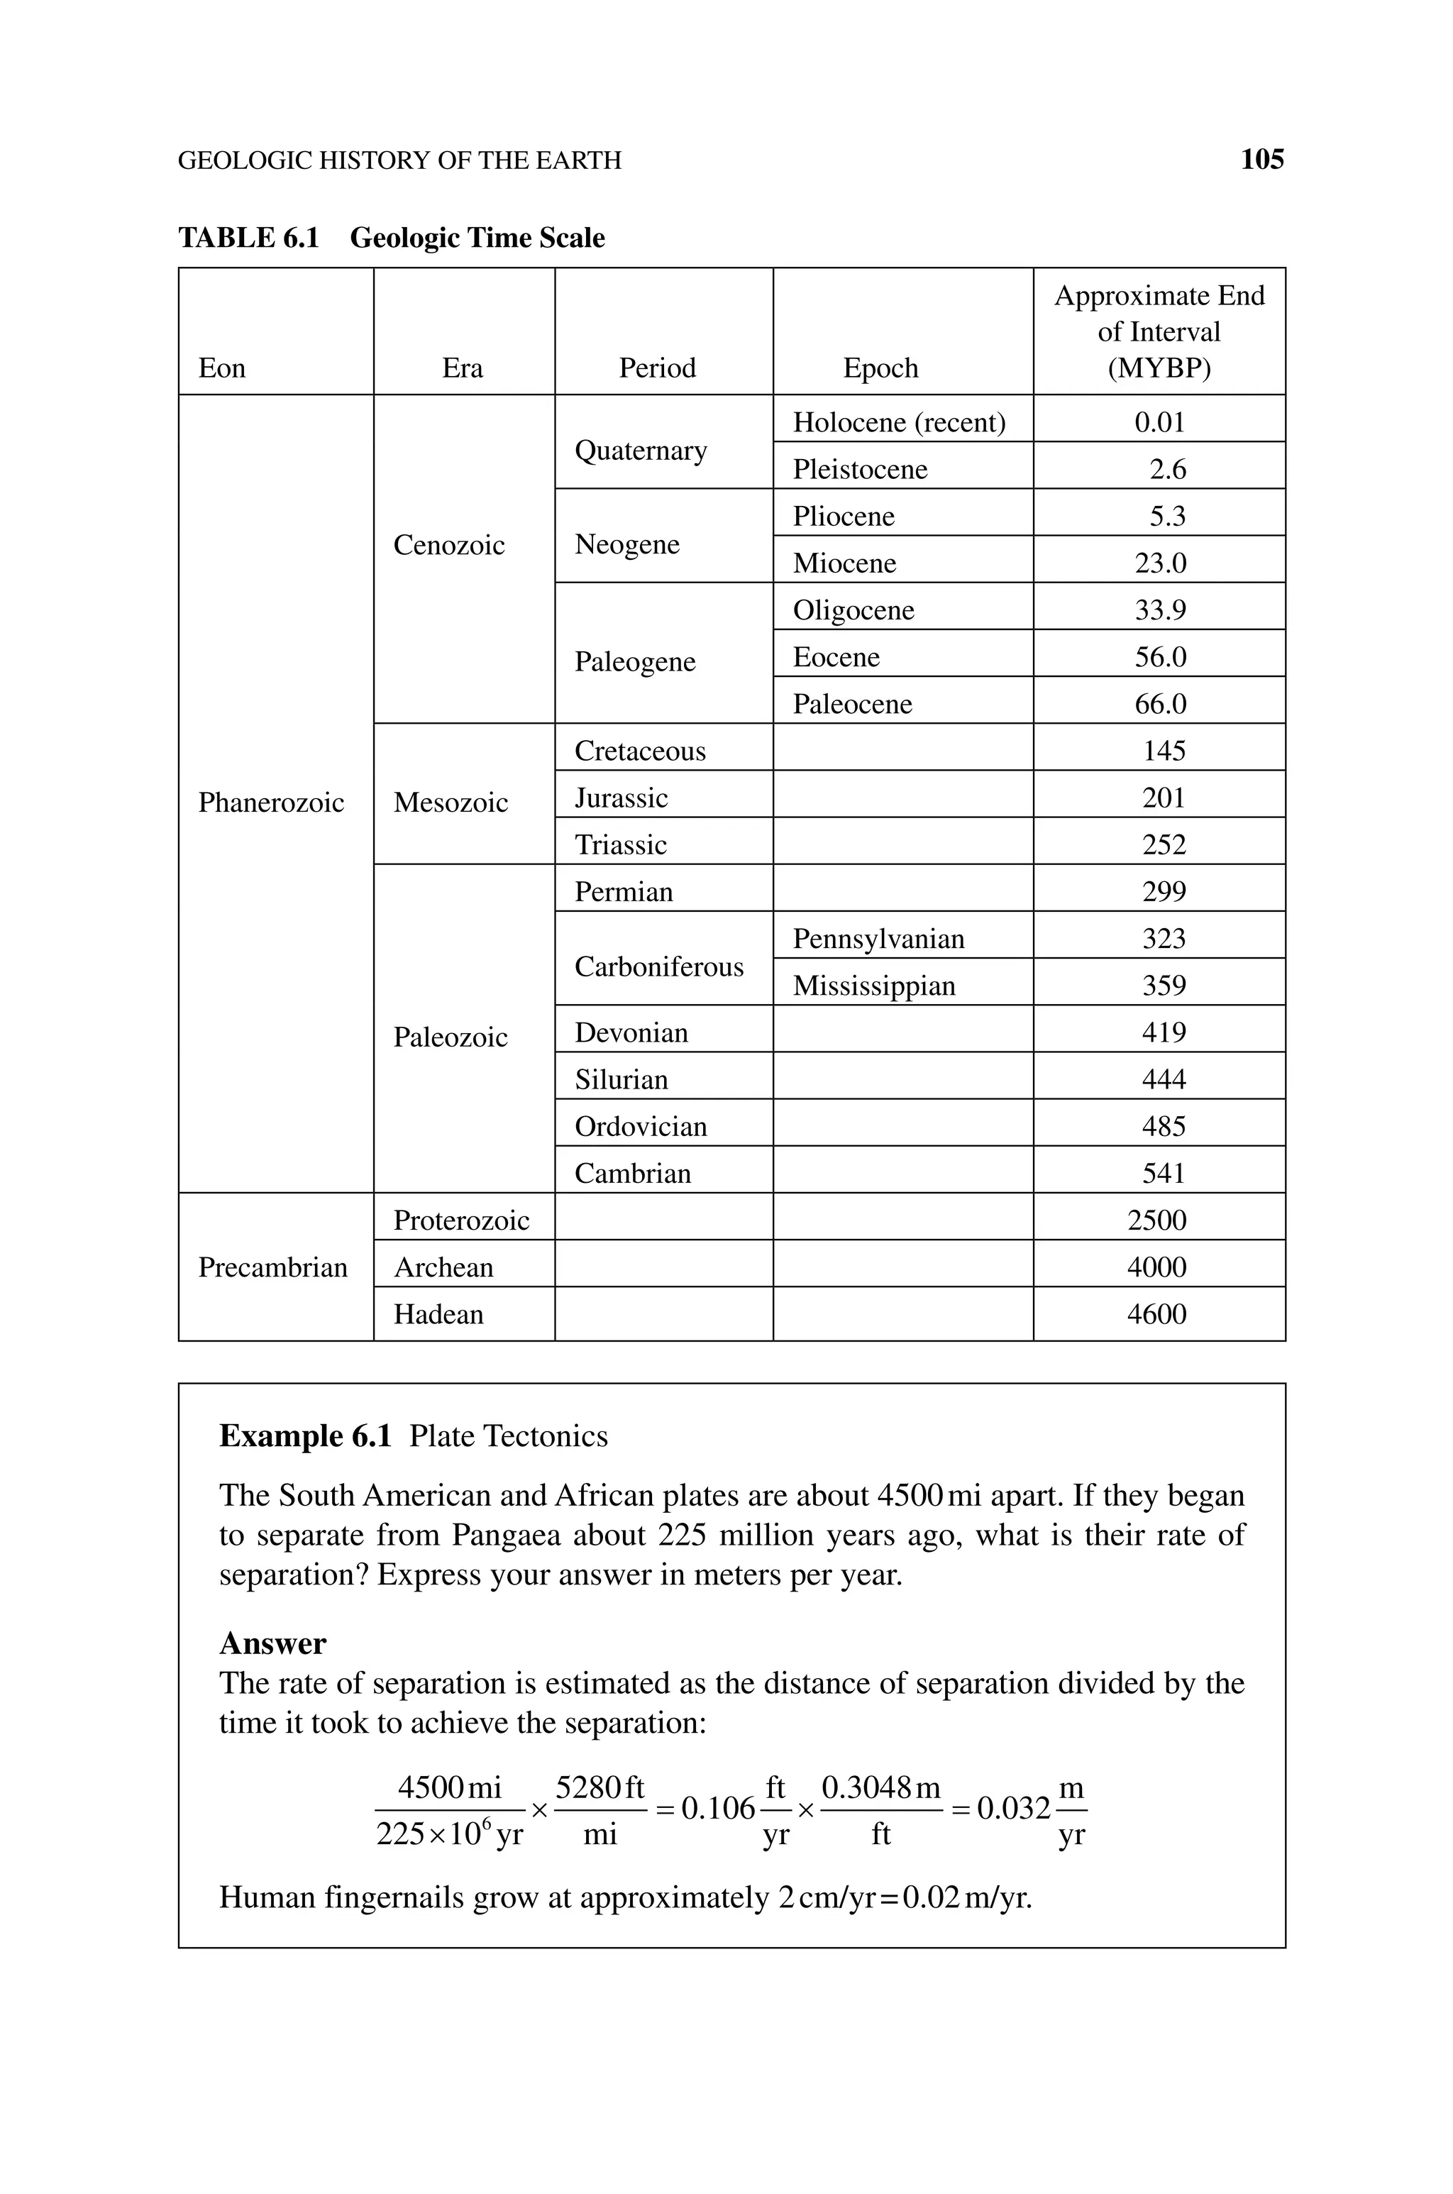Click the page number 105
pyautogui.click(x=1261, y=160)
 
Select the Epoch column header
pyautogui.click(x=880, y=368)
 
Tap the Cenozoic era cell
pyautogui.click(x=448, y=545)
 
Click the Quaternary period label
pyautogui.click(x=641, y=451)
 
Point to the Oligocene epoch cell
pyautogui.click(x=853, y=610)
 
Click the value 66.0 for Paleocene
pyautogui.click(x=1160, y=704)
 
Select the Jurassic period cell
pyautogui.click(x=621, y=798)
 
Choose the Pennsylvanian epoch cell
pyautogui.click(x=878, y=939)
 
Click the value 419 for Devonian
pyautogui.click(x=1163, y=1032)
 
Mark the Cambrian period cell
pyautogui.click(x=632, y=1173)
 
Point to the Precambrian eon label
pyautogui.click(x=272, y=1267)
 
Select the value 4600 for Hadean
pyautogui.click(x=1156, y=1314)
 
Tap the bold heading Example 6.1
pyautogui.click(x=305, y=1436)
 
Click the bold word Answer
pyautogui.click(x=272, y=1643)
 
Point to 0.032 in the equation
pyautogui.click(x=1013, y=1808)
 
